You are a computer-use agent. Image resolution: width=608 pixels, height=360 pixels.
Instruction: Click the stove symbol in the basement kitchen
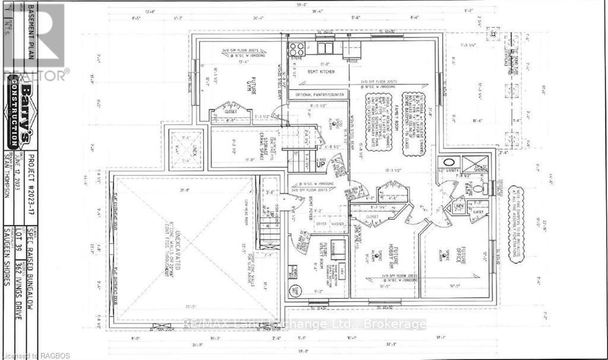click(296, 49)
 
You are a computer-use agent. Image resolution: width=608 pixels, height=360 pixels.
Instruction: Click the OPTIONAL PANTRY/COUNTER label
click(321, 94)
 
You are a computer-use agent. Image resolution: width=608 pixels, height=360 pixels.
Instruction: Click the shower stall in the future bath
click(474, 163)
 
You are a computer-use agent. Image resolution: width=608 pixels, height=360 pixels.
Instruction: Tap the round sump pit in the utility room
click(294, 290)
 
